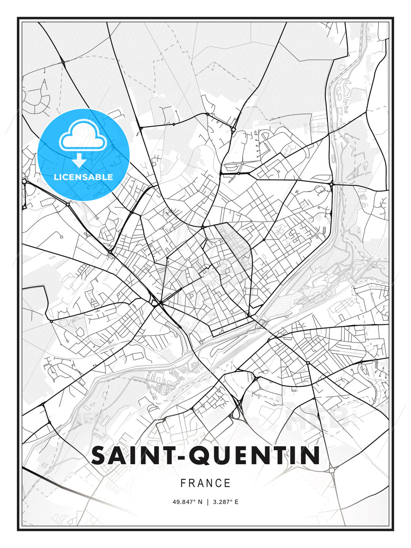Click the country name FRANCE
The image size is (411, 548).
[205, 483]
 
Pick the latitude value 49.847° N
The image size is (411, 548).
[188, 502]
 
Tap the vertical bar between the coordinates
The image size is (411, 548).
[207, 502]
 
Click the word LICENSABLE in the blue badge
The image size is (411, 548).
[83, 177]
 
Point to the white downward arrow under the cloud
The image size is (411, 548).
[79, 161]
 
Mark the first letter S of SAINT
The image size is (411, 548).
[99, 456]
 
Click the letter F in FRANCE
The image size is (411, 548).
[183, 483]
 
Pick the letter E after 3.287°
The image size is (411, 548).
[236, 502]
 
